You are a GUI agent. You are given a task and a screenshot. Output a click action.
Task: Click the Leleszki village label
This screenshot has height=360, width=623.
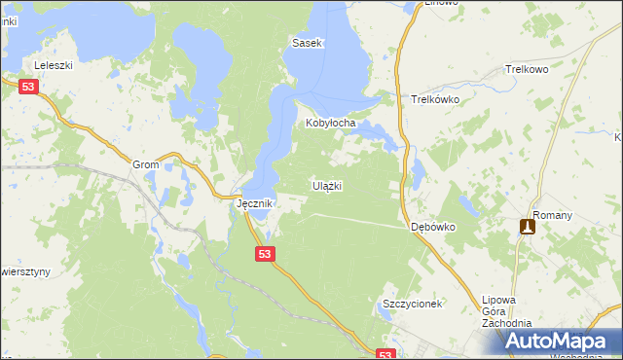click(55, 65)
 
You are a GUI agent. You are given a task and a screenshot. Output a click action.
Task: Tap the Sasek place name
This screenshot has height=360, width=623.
click(308, 44)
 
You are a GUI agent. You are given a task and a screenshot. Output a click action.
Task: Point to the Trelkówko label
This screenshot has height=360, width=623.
click(435, 99)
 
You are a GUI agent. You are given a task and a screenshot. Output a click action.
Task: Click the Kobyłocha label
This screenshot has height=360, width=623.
click(331, 124)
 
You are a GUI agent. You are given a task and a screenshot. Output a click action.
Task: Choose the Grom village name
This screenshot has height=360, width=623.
click(145, 164)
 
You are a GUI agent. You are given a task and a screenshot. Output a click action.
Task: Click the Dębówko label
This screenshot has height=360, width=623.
click(433, 226)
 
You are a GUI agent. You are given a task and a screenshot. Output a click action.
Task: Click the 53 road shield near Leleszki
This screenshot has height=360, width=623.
click(28, 88)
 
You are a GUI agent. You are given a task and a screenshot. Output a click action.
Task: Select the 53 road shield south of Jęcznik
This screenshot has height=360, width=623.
click(267, 253)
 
